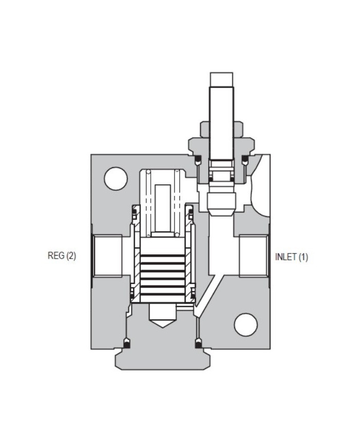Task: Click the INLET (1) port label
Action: pyautogui.click(x=292, y=257)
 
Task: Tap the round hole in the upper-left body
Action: pyautogui.click(x=116, y=178)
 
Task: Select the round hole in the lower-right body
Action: pyautogui.click(x=245, y=325)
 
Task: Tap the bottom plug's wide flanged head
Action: pyautogui.click(x=163, y=358)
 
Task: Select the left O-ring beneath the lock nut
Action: pyautogui.click(x=197, y=159)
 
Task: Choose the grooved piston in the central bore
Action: pyautogui.click(x=163, y=270)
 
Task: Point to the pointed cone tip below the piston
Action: pyautogui.click(x=163, y=316)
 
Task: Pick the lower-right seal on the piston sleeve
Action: pyautogui.click(x=192, y=295)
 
